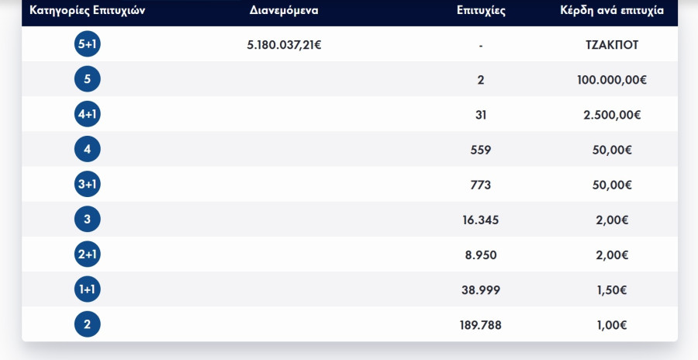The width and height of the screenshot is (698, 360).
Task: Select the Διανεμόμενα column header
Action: (x=285, y=12)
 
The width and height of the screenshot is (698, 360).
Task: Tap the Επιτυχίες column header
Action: (x=481, y=12)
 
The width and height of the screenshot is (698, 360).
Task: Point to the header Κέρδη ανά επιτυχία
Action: (x=612, y=12)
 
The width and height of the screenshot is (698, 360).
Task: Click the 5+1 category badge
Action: (x=88, y=45)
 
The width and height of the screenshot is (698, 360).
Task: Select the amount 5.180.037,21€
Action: (x=285, y=45)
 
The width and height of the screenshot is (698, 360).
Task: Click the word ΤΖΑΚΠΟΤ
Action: (x=613, y=45)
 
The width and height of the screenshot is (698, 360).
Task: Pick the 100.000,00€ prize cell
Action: (x=613, y=79)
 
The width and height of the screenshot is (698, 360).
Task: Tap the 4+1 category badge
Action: (x=88, y=115)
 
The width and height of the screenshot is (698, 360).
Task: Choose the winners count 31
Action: (x=481, y=115)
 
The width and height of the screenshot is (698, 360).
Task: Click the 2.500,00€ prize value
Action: (x=613, y=115)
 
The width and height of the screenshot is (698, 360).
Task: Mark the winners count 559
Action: (x=481, y=150)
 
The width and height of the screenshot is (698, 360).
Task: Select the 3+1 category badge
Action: (x=88, y=185)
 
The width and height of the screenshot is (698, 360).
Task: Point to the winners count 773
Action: (x=481, y=185)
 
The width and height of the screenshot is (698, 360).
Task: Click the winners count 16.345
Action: (x=481, y=220)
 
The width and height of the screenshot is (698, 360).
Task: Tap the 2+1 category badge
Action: (x=88, y=254)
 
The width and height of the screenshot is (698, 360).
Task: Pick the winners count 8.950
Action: (x=481, y=254)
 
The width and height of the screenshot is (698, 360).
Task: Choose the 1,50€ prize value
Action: (x=613, y=289)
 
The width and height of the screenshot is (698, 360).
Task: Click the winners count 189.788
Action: (x=481, y=324)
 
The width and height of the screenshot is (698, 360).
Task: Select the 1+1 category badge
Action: (x=88, y=289)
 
